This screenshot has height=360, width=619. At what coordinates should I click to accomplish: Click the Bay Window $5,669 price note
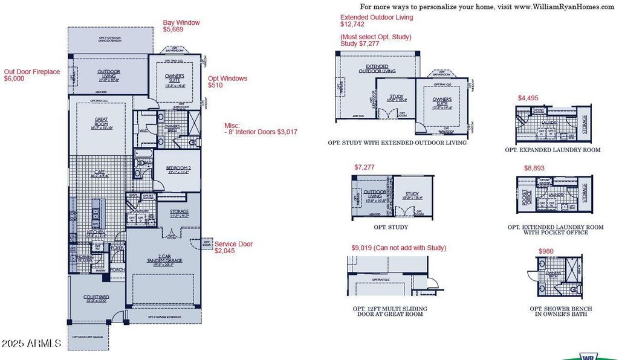(x=181, y=27)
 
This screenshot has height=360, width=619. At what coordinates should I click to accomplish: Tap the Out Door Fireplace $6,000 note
(x=32, y=75)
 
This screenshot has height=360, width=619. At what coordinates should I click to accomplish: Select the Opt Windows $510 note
(x=227, y=82)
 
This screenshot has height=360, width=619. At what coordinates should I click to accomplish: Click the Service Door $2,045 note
(x=233, y=247)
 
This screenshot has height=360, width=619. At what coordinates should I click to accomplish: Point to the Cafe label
(x=97, y=173)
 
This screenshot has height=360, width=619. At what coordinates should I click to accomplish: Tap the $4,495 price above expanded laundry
(x=528, y=98)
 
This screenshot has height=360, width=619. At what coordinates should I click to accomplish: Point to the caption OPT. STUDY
(x=391, y=227)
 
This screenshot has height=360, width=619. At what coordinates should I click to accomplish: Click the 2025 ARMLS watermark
(x=31, y=344)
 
